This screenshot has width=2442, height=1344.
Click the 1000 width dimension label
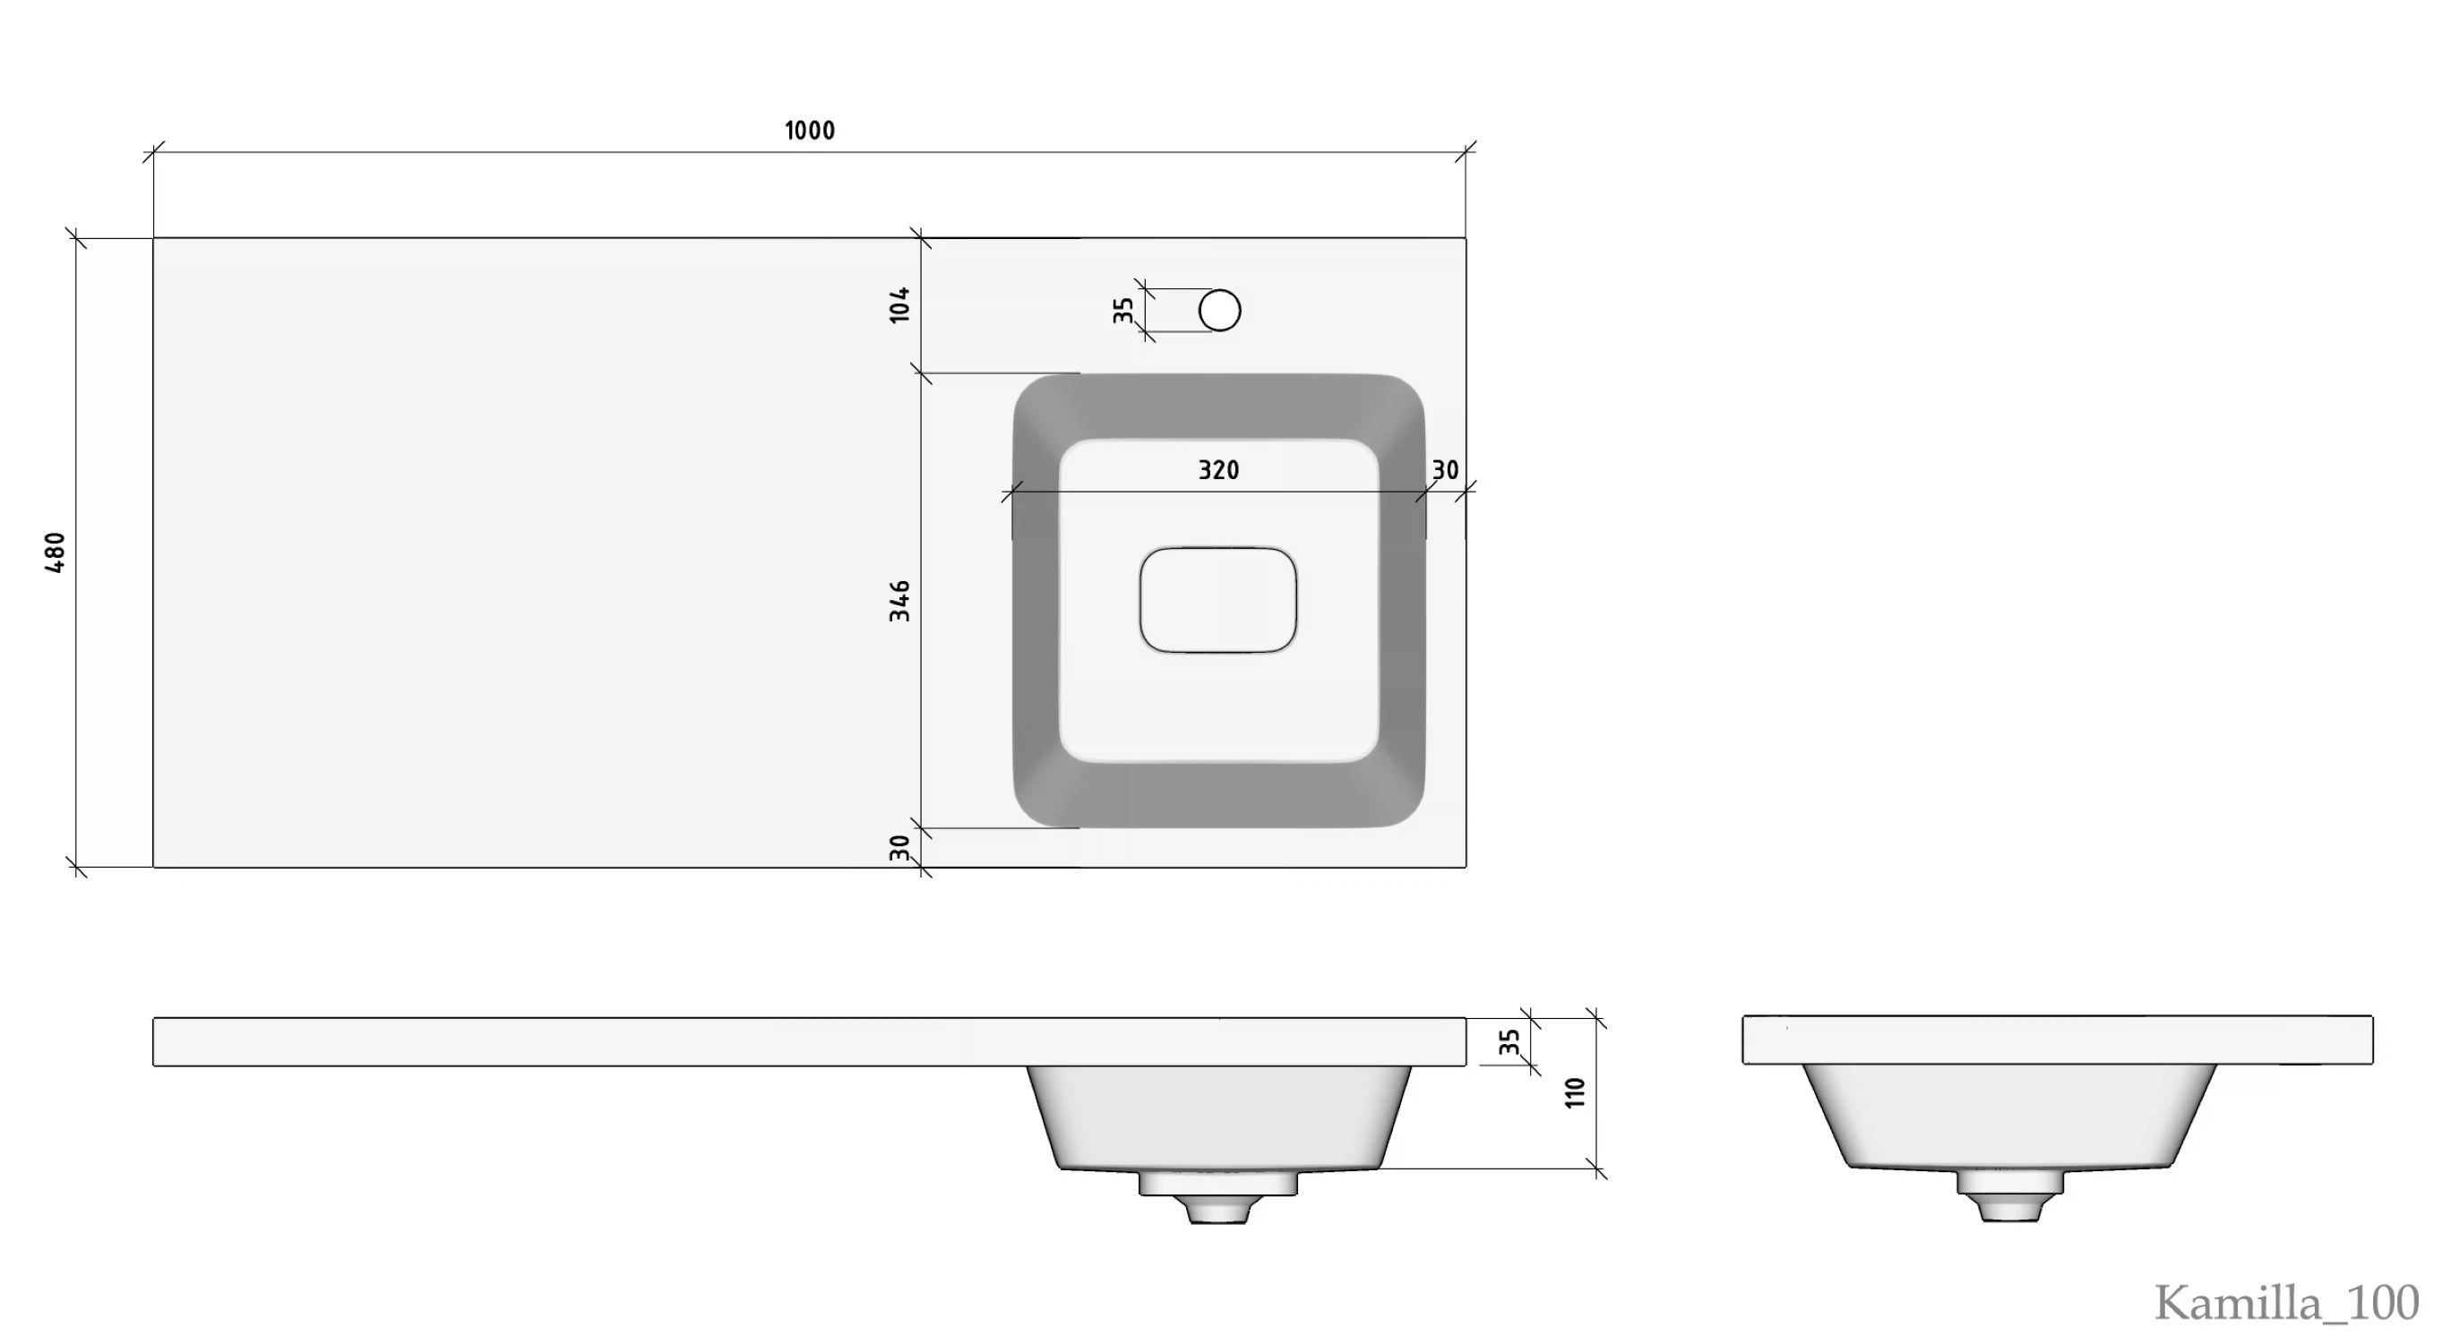(x=810, y=131)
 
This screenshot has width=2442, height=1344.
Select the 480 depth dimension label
(x=55, y=552)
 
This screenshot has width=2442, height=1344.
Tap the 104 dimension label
(x=899, y=304)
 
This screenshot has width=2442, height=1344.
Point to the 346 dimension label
(x=899, y=601)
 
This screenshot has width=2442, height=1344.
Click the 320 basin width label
(x=1218, y=470)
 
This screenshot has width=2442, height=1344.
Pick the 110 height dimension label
(x=1575, y=1091)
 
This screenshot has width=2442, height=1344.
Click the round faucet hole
(x=1219, y=310)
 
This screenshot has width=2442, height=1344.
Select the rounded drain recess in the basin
(x=1218, y=600)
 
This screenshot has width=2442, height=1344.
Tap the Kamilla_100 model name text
(x=2286, y=1302)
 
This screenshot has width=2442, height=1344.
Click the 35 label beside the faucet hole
(x=1123, y=310)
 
